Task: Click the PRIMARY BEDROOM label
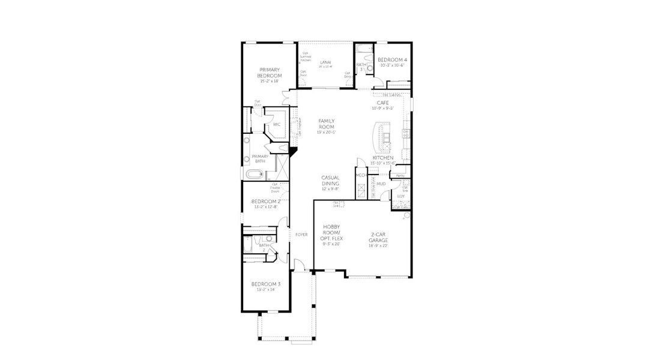270,73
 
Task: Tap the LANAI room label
325,62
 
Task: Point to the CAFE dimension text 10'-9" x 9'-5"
382,109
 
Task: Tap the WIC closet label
276,125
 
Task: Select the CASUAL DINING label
330,180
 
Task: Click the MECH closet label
361,175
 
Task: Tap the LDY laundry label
400,196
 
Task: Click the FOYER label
301,235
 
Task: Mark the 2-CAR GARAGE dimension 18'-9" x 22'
378,245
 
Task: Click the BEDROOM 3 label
265,284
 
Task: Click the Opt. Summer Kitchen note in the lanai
306,56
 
